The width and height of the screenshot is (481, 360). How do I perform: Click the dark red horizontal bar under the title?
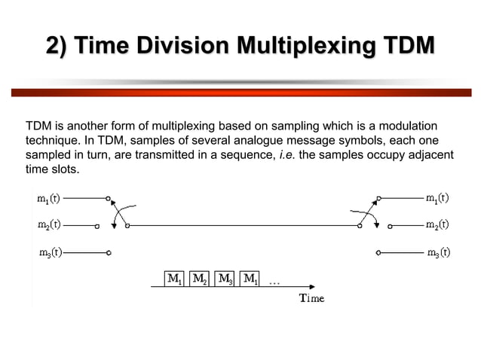(x=240, y=92)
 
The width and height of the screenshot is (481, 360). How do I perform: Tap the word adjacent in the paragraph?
(x=430, y=154)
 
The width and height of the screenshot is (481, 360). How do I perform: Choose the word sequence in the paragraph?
(x=240, y=154)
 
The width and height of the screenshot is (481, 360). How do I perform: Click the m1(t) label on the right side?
(x=437, y=199)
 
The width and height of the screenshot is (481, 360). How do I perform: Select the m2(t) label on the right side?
(x=437, y=224)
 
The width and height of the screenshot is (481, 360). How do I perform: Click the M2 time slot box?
(x=200, y=279)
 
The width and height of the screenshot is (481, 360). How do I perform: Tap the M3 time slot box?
(x=225, y=279)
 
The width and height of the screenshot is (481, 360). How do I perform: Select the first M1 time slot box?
(x=174, y=279)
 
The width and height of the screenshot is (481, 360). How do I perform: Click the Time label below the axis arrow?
(x=311, y=298)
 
